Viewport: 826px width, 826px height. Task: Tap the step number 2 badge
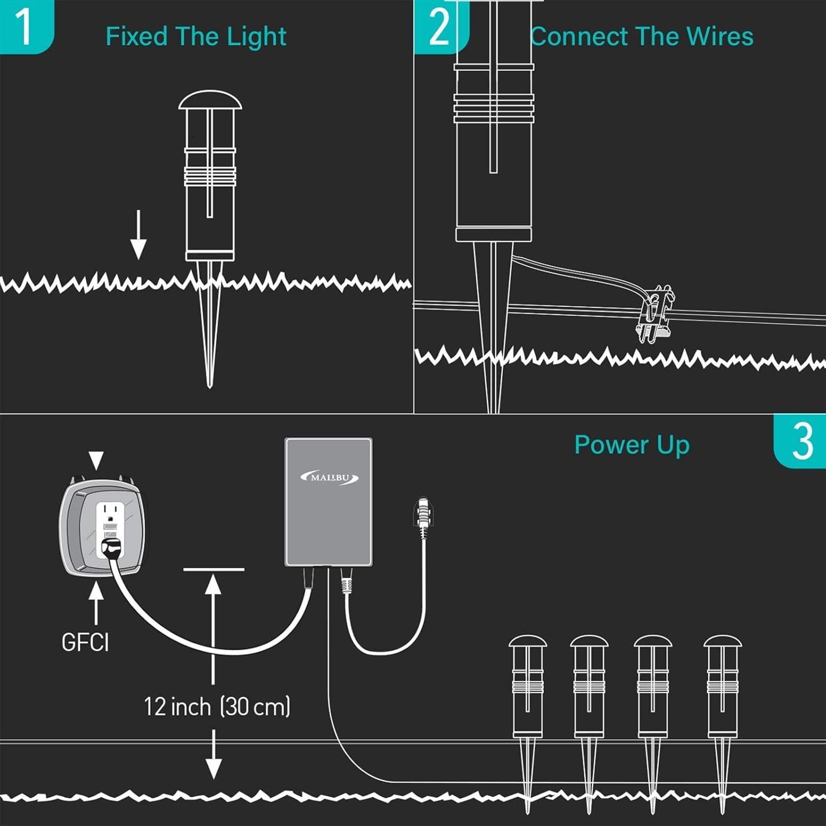[440, 26]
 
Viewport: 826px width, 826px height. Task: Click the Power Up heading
[632, 445]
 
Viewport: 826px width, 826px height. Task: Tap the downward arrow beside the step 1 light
[138, 235]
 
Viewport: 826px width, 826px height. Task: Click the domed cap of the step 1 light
[210, 100]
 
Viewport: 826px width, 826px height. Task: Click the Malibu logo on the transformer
[330, 477]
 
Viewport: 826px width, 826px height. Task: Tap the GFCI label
[85, 642]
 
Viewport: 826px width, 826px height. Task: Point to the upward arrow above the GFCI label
[96, 604]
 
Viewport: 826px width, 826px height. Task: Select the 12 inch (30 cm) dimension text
[217, 707]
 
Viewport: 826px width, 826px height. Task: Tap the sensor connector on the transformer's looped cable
[422, 513]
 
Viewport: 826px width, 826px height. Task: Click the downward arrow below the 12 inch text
[214, 754]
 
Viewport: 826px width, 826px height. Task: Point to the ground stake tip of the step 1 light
[209, 387]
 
